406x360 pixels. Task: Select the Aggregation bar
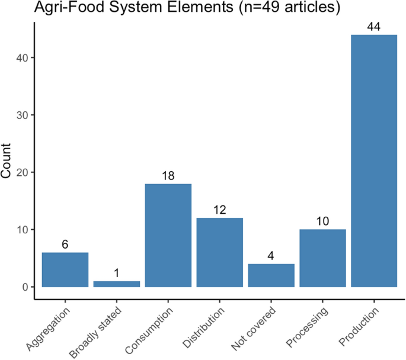[x=65, y=270]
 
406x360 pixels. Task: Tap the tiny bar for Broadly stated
[x=117, y=284]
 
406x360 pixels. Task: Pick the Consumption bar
[x=168, y=236]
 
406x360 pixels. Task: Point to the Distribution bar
[x=220, y=253]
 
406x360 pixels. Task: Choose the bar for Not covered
[x=271, y=276]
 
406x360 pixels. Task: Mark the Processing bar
[x=322, y=258]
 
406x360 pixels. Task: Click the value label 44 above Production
[x=373, y=28]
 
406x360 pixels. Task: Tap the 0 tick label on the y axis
[x=25, y=288]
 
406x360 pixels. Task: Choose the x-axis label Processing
[x=306, y=324]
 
